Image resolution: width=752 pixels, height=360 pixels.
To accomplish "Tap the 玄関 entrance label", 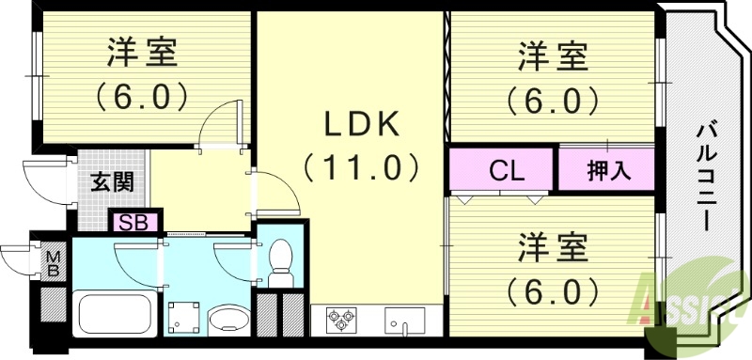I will pyautogui.click(x=111, y=181).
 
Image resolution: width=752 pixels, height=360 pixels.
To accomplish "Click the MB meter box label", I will pyautogui.click(x=53, y=259).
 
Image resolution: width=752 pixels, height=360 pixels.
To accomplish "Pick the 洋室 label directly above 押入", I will pyautogui.click(x=554, y=58).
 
